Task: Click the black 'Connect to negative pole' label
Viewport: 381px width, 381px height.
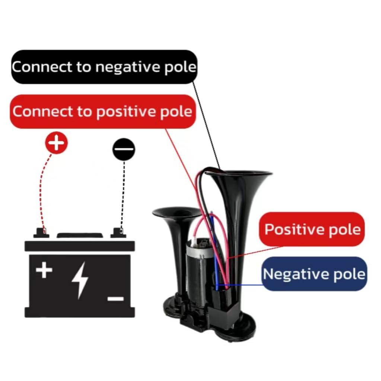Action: coord(104,67)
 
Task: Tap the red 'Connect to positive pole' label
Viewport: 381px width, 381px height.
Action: coord(103,111)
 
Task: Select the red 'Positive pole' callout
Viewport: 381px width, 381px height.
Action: coord(312,229)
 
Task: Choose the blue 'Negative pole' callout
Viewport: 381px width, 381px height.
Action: coord(314,274)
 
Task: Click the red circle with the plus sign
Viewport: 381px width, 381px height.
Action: coord(56,143)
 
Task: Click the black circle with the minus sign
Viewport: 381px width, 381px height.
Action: coord(124,149)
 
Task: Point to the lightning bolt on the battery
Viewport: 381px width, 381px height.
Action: coord(80,280)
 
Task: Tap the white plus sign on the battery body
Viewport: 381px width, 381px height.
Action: coord(44,270)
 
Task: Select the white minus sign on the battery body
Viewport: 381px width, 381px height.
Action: coord(116,299)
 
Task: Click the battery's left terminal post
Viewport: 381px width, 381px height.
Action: coord(41,233)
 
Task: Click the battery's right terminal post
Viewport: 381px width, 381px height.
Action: coord(118,233)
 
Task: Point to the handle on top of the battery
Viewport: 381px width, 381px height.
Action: coord(80,235)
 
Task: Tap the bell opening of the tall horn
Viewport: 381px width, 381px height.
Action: coord(239,174)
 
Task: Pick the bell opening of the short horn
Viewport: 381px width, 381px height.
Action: coord(177,212)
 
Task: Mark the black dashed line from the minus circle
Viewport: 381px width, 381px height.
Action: coord(123,194)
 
